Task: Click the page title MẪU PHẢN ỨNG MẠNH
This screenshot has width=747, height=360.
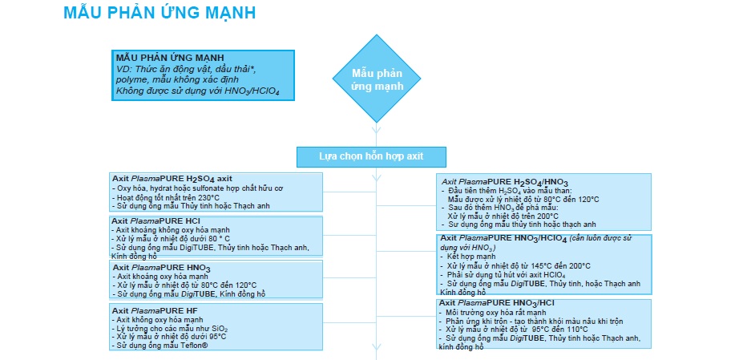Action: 160,14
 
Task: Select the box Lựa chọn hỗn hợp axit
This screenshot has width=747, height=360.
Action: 371,156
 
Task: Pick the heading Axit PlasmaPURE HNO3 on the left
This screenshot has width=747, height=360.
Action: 161,267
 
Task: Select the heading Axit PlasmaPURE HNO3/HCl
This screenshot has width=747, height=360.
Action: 503,303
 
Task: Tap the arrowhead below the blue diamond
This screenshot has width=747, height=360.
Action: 374,129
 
